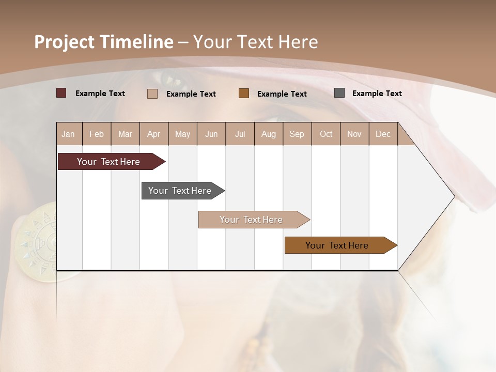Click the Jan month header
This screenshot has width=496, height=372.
click(x=69, y=134)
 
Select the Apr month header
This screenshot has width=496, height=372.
click(x=154, y=134)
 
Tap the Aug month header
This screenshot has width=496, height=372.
click(x=269, y=134)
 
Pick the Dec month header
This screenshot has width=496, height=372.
click(x=383, y=134)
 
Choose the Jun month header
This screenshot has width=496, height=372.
click(x=211, y=134)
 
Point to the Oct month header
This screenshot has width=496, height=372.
click(x=326, y=134)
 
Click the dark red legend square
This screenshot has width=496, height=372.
click(x=61, y=93)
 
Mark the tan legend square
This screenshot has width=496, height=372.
click(x=152, y=94)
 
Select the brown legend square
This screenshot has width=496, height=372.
click(x=244, y=93)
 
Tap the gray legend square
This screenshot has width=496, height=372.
click(x=339, y=93)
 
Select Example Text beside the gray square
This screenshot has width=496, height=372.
click(x=377, y=94)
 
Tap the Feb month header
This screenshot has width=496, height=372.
click(x=97, y=134)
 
